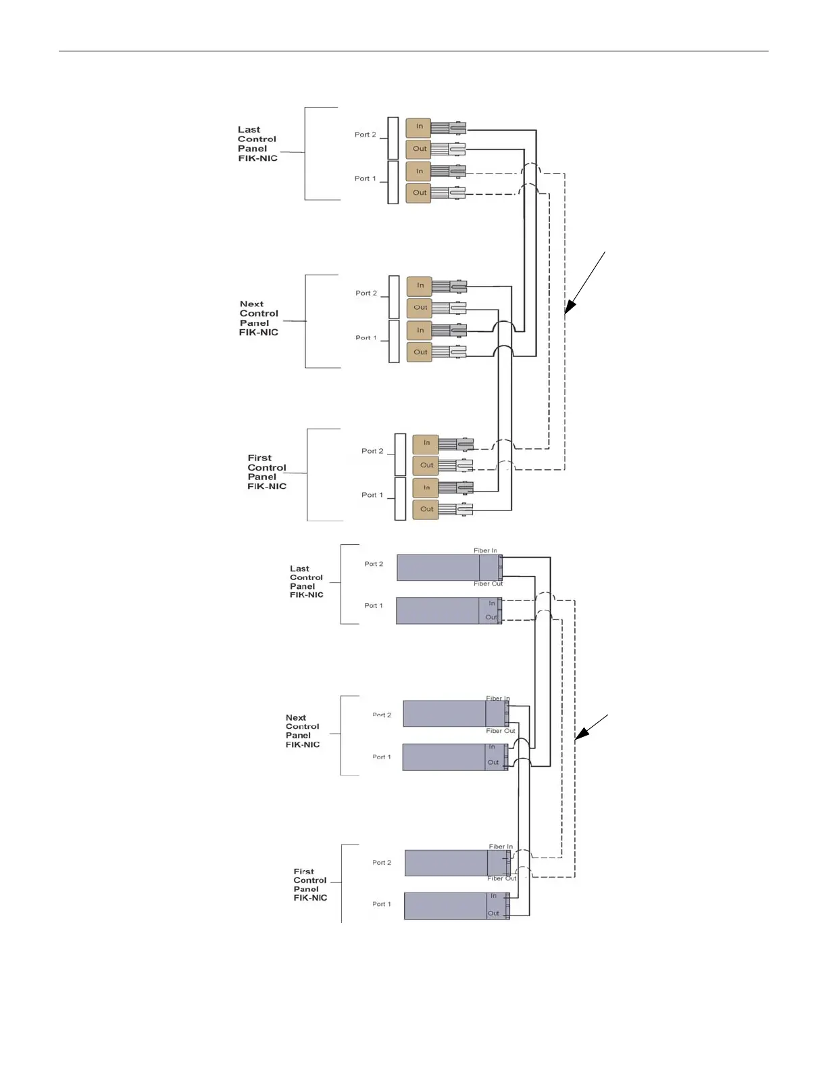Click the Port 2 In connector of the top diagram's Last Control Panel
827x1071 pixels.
[419, 126]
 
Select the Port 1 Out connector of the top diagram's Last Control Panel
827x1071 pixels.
[419, 193]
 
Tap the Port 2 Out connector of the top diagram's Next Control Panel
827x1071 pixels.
[420, 308]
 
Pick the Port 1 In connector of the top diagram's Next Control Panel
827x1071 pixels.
[420, 331]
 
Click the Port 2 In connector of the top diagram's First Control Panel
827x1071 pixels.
[426, 444]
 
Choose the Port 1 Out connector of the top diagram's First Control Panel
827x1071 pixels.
[426, 509]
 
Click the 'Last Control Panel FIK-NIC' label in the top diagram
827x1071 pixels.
[257, 144]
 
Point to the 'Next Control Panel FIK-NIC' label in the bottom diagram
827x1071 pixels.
[302, 732]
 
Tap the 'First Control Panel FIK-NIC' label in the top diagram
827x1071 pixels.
[267, 472]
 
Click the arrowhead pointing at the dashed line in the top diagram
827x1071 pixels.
[569, 308]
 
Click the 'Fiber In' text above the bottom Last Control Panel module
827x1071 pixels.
[485, 551]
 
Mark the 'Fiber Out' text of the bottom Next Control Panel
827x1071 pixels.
[500, 731]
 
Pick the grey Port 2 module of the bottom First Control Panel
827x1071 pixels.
[447, 863]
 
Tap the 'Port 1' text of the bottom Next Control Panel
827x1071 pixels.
[381, 757]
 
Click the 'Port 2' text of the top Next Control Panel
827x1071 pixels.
[366, 293]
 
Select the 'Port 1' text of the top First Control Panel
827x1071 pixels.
[372, 495]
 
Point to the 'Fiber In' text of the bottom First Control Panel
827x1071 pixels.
[501, 847]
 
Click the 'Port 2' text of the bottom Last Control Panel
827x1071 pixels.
[373, 564]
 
